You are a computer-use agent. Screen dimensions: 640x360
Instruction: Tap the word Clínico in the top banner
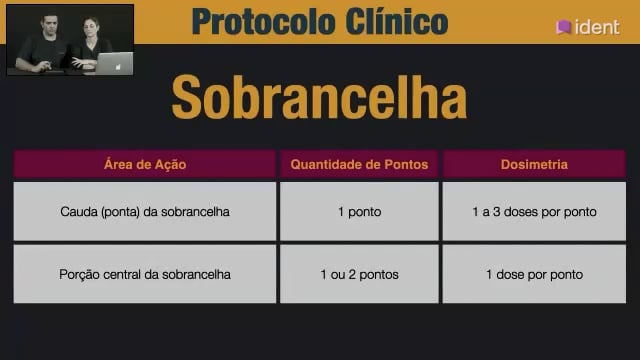tap(397, 21)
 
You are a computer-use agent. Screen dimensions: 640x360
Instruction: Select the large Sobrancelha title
tap(320, 97)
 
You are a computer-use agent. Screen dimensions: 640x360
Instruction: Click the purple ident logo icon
tap(563, 27)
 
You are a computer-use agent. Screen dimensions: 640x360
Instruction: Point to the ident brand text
tap(597, 27)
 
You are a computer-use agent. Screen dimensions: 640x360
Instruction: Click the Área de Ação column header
tap(145, 164)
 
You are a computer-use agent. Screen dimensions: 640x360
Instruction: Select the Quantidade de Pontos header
tap(359, 164)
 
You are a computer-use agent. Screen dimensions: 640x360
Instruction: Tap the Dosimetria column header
tap(534, 164)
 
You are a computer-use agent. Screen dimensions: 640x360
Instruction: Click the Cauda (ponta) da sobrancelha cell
tap(145, 211)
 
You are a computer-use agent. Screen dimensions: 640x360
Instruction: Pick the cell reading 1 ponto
tap(359, 211)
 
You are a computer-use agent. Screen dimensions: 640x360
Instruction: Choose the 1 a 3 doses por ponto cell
tap(534, 211)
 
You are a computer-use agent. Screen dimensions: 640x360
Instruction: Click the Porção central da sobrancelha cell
tap(145, 274)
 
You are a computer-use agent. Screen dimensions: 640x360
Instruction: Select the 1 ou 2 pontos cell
tap(359, 274)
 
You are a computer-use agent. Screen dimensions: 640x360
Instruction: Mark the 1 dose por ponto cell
tap(534, 274)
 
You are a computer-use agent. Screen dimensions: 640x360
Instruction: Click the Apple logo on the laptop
tap(118, 67)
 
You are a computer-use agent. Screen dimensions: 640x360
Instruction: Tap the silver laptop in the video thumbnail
tap(113, 63)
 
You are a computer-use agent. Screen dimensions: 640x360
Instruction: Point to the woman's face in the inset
tap(91, 29)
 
